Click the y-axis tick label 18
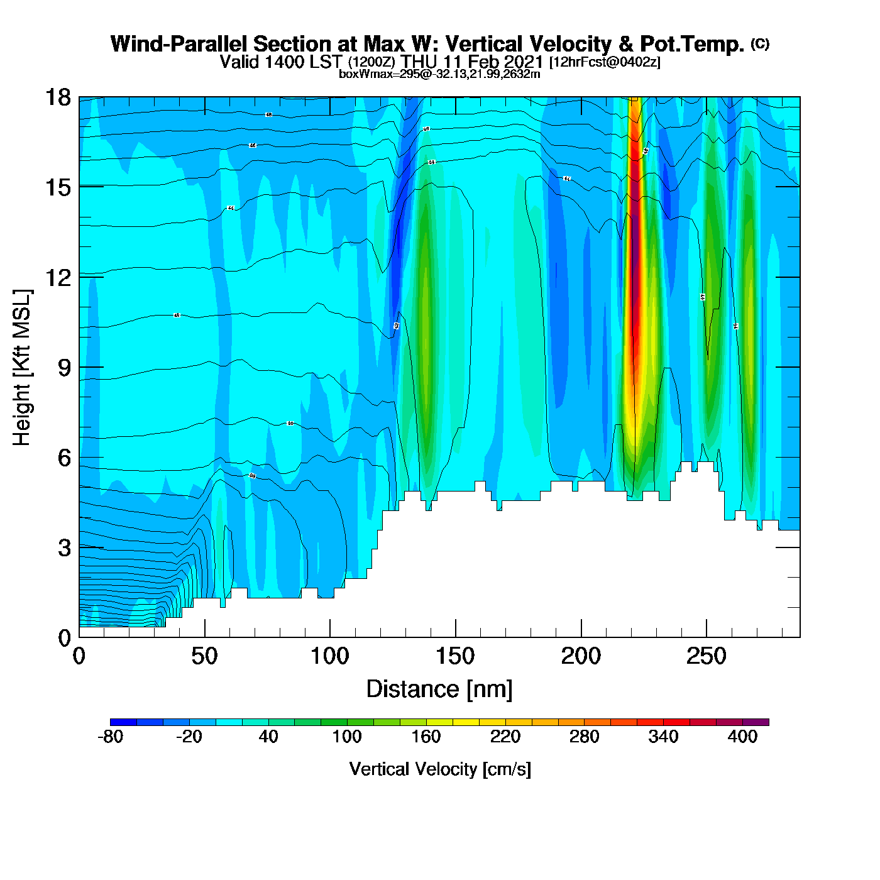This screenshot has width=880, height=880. pos(57,97)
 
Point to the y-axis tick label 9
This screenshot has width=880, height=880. pos(65,368)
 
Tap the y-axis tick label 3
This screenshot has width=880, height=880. pos(65,548)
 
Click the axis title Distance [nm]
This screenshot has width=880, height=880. pos(439,690)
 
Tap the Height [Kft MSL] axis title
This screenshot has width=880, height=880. pos(22,368)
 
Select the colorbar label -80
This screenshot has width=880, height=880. pos(110,737)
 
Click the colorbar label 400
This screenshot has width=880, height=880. pos(742,737)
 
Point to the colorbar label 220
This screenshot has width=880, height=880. pos(505,737)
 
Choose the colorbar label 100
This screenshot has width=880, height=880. pos(347,737)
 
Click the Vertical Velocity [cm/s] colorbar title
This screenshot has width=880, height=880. pos(440,769)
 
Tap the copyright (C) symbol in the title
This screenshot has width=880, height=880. pos(760,43)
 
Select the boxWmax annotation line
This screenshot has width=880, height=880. pos(439,74)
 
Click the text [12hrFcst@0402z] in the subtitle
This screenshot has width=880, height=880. pos(605,63)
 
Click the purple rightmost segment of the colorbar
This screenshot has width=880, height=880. pos(756,722)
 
